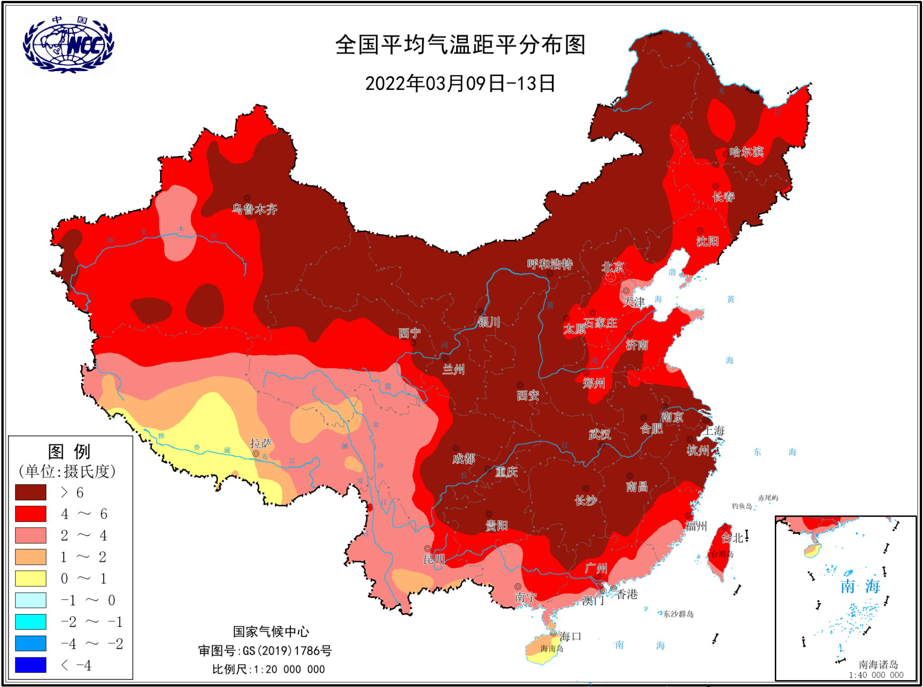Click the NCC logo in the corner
click(x=68, y=45)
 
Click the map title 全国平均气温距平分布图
click(x=460, y=45)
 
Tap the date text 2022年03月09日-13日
click(x=460, y=84)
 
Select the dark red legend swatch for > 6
click(x=30, y=492)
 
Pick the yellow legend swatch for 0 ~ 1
click(x=30, y=578)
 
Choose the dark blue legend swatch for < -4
click(x=30, y=665)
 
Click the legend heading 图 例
click(x=69, y=451)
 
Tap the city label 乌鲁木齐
click(x=254, y=209)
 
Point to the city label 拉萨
click(x=261, y=443)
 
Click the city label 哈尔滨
click(x=746, y=152)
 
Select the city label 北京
click(x=613, y=267)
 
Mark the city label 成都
click(x=463, y=458)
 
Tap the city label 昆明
click(x=434, y=559)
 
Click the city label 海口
click(x=570, y=636)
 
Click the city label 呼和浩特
click(x=550, y=264)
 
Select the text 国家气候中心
click(x=271, y=631)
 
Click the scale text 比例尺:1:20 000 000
click(x=268, y=669)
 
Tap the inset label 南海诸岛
click(x=878, y=664)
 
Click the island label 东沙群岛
click(x=678, y=614)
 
